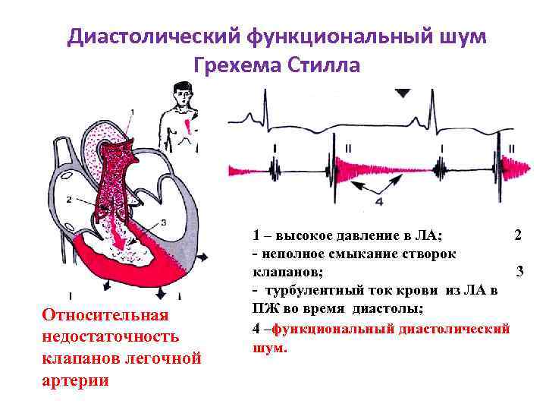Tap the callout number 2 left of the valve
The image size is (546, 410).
point(69,199)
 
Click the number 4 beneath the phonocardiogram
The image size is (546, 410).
point(379,202)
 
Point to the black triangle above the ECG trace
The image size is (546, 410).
point(403,93)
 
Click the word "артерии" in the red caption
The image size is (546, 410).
point(76,380)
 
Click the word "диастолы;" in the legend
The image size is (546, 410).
point(391,309)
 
